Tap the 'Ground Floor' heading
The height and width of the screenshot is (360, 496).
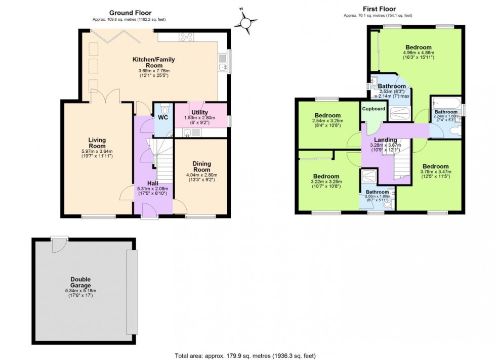[x=131, y=13]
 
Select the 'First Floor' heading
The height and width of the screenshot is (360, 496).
[x=379, y=9]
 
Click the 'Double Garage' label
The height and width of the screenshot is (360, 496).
[x=80, y=282]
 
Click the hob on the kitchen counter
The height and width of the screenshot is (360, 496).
[x=186, y=37]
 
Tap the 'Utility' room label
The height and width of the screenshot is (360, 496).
[x=199, y=112]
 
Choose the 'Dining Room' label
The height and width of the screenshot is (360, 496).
[x=202, y=166]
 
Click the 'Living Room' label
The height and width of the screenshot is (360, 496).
[x=97, y=143]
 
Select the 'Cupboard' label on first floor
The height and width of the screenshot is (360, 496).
[x=374, y=109]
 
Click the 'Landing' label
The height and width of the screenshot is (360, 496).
[x=385, y=140]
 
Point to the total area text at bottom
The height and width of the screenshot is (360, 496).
[x=245, y=356]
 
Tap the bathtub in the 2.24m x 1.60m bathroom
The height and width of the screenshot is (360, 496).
[x=446, y=103]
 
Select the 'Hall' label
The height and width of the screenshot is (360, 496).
[x=152, y=184]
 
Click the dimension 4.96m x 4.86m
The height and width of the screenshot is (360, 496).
[x=419, y=53]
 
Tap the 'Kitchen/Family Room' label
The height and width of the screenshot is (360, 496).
[x=153, y=62]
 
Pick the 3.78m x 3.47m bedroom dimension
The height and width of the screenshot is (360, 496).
[x=436, y=171]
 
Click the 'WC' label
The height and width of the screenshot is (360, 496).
[x=163, y=118]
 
